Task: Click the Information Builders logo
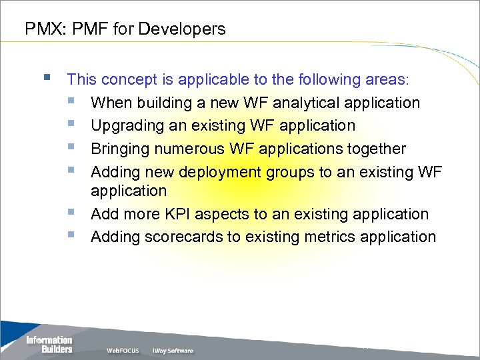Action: (x=49, y=345)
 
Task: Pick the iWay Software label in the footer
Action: (x=173, y=351)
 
